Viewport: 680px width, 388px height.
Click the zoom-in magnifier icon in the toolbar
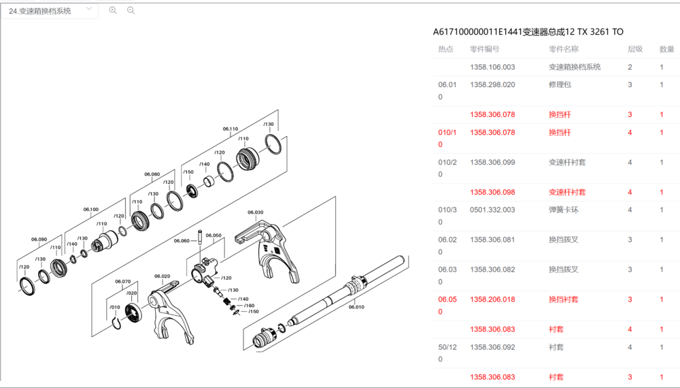[113, 10]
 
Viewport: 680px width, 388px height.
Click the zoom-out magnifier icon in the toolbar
[131, 10]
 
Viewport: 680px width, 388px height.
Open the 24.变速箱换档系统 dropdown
[50, 11]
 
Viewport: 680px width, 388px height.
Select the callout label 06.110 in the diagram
[231, 129]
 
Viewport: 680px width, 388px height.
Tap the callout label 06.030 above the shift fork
[256, 212]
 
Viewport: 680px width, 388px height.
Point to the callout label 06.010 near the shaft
[356, 307]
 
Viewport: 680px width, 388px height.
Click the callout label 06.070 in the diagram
[122, 281]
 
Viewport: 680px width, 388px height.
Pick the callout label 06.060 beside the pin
[182, 240]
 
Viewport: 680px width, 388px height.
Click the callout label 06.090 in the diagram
[39, 239]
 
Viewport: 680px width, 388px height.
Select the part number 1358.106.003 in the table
[492, 67]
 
